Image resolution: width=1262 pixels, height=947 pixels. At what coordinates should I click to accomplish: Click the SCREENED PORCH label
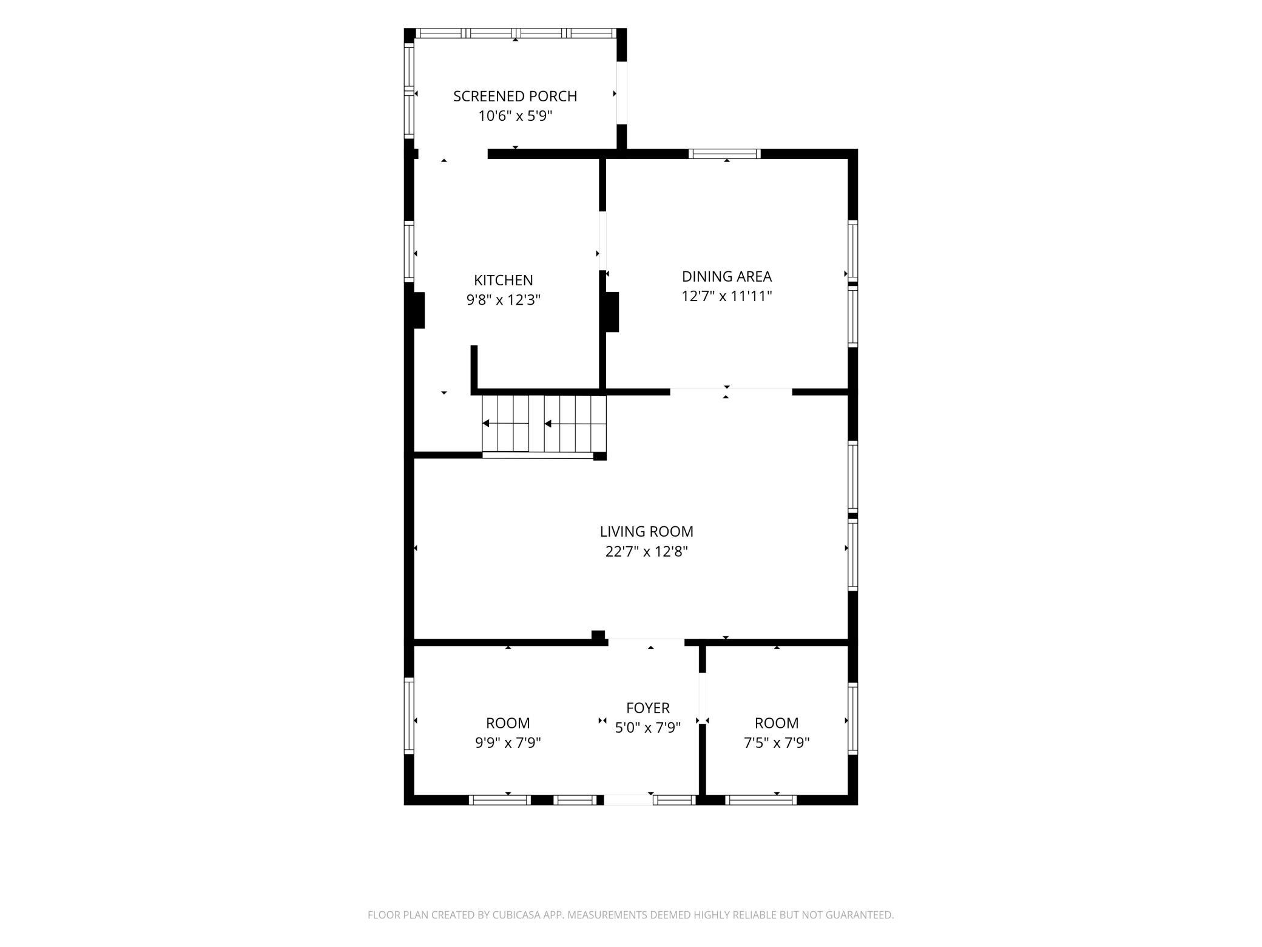coord(515,96)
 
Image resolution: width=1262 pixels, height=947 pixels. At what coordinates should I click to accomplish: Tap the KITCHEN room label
coord(504,280)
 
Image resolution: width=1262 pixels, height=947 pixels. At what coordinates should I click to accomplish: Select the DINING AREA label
coord(727,276)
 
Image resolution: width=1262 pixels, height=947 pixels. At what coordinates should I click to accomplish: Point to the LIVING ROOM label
coord(647,531)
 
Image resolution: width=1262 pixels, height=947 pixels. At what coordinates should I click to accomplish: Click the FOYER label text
coord(648,708)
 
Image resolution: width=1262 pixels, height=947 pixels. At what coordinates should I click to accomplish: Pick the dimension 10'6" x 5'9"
coord(515,115)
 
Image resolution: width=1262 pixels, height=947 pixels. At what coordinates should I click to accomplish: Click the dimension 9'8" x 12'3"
coord(504,300)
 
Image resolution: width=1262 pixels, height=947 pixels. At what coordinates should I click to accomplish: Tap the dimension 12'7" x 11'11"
coord(727,296)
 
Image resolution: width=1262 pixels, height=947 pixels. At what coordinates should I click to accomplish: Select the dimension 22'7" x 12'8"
coord(647,551)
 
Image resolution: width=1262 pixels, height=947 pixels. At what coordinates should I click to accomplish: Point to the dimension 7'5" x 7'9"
coord(777,742)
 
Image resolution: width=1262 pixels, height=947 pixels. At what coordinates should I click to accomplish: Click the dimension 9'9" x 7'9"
coord(508,742)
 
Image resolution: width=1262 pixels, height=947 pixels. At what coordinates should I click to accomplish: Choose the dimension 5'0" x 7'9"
coord(648,727)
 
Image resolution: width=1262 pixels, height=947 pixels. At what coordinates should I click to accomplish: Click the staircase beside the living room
coord(544,424)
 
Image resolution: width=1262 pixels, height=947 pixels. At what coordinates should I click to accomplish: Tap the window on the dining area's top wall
coord(724,154)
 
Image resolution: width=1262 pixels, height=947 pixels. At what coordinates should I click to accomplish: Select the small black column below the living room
coord(598,635)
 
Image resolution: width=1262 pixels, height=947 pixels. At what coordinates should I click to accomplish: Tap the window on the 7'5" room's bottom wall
coord(761,800)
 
